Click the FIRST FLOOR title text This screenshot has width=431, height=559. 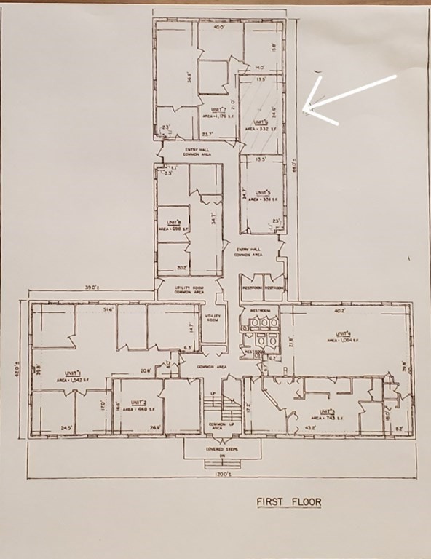[288, 501]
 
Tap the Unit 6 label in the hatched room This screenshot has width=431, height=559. [258, 122]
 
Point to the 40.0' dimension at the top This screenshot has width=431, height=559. [218, 28]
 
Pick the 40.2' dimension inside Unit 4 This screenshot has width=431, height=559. [339, 309]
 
